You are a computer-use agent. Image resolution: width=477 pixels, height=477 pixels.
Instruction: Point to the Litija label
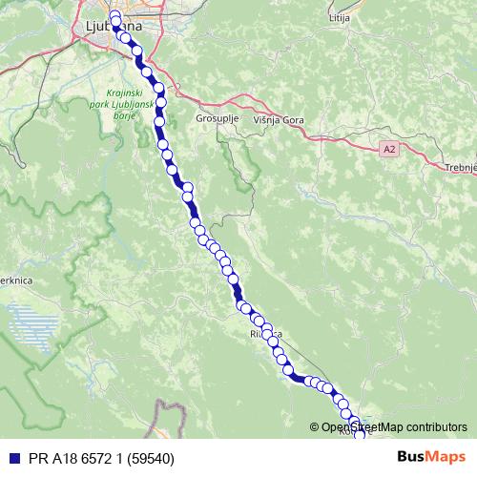click(340, 18)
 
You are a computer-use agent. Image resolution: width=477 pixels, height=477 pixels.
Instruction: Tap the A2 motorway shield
click(388, 150)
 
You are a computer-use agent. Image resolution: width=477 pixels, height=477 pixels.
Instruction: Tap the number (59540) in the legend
click(153, 459)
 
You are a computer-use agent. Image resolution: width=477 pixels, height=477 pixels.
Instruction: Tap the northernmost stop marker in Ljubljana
click(114, 16)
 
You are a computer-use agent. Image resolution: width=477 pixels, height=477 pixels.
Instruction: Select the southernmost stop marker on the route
click(361, 436)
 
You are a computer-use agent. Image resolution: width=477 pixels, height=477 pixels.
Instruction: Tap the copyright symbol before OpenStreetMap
click(315, 427)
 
